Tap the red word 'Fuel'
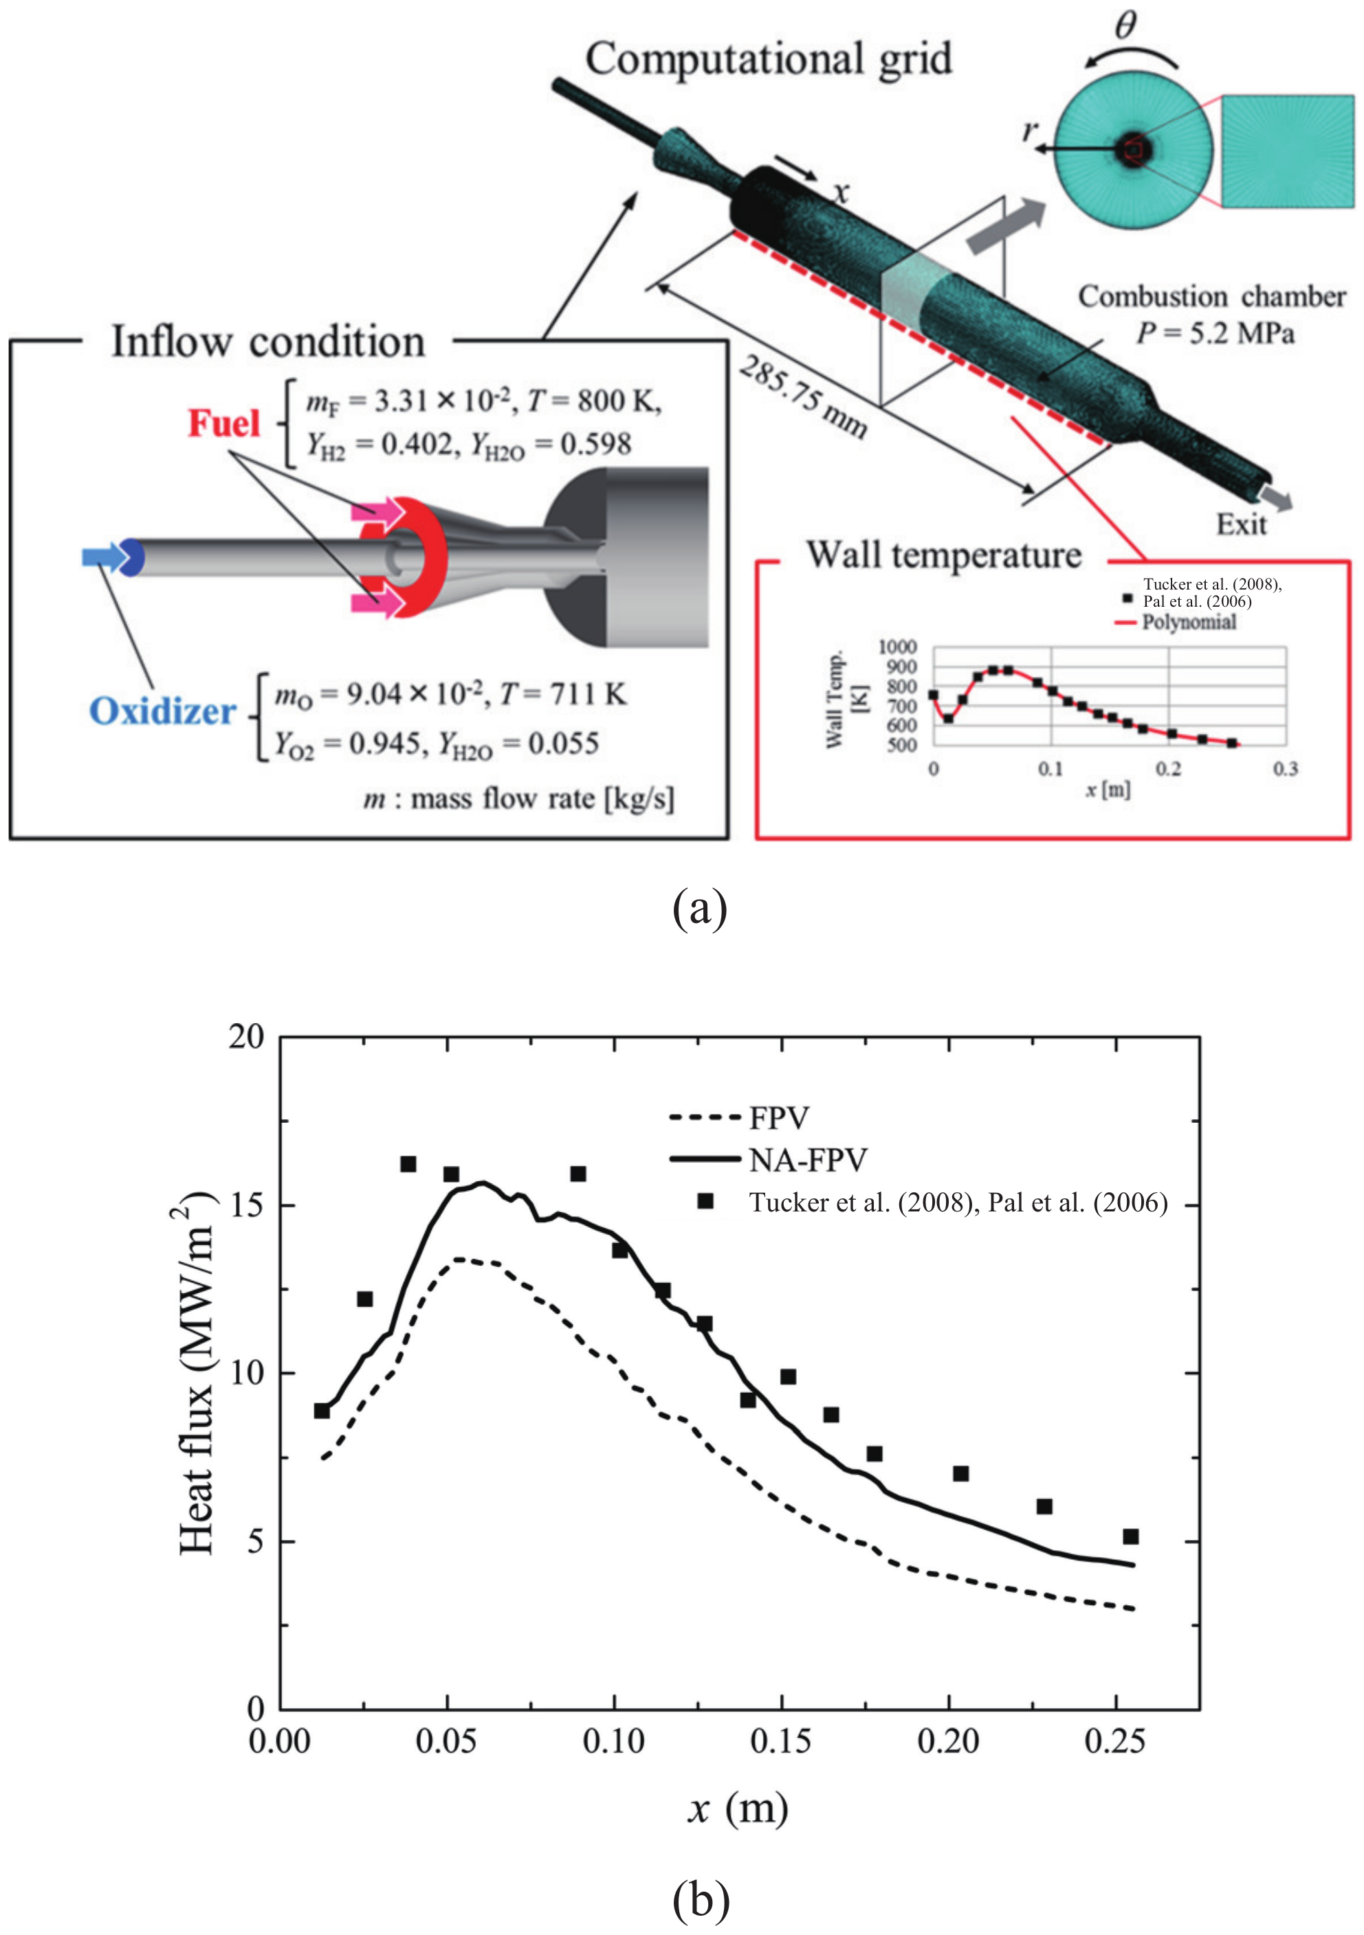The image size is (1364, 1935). point(223,423)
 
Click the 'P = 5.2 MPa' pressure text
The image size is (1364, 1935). point(1215,334)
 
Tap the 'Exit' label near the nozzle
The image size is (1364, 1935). point(1241,524)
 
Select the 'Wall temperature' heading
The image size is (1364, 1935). point(943,555)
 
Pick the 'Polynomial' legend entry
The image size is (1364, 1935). point(1189,622)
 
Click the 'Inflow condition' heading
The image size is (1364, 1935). point(268,342)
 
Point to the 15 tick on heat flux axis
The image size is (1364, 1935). point(246,1205)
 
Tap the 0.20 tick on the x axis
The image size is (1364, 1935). point(948,1741)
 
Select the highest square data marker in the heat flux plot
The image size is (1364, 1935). point(408,1164)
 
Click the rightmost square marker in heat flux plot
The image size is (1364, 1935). point(1130,1536)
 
